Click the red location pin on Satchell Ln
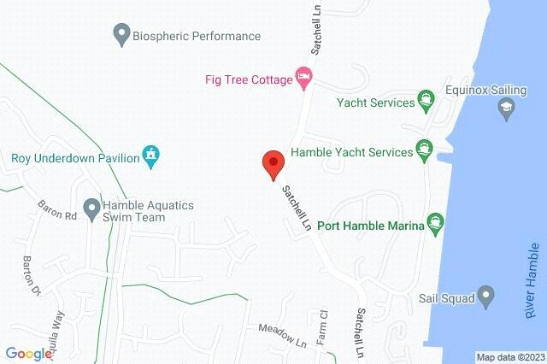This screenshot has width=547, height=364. [273, 163]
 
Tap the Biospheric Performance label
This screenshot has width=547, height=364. [197, 36]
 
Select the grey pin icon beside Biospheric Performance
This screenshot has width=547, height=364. [121, 36]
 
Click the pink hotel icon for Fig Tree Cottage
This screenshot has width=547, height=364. [303, 78]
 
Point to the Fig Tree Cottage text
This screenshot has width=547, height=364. [246, 79]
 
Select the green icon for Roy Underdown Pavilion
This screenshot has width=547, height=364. [151, 155]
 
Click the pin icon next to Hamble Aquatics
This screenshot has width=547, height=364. [92, 207]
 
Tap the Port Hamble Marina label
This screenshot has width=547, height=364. [371, 226]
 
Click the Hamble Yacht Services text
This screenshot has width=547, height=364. [351, 153]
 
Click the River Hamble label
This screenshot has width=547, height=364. [532, 281]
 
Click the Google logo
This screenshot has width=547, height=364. [29, 354]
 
